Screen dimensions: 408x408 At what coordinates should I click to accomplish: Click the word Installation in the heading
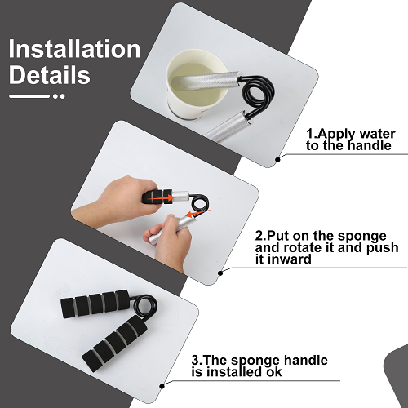point(74,49)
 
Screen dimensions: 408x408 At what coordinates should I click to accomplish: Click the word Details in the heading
point(49,75)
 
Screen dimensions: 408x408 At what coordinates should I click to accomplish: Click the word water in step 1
point(377,134)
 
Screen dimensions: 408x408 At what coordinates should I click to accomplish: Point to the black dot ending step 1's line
point(277,160)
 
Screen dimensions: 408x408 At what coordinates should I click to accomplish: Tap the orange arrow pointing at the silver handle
point(197,214)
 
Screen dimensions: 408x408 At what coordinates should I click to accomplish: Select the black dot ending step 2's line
point(220,273)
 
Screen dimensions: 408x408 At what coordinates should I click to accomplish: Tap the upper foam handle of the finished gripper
point(95,304)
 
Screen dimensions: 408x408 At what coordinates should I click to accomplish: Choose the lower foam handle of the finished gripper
point(115,344)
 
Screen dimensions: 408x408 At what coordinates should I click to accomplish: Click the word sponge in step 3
point(255,361)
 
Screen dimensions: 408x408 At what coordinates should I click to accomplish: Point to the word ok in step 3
point(274,372)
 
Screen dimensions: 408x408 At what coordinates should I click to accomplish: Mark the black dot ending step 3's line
point(162,386)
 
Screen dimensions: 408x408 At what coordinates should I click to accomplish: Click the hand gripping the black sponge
point(114,202)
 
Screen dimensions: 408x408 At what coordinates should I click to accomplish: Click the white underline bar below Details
point(29,96)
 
